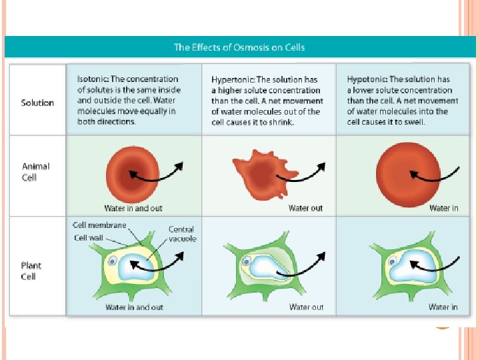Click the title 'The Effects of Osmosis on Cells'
coord(239,47)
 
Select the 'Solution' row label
coord(37,103)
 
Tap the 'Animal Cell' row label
coord(35,171)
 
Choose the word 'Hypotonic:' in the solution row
coord(367,79)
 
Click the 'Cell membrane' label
coord(99,225)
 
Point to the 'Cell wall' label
coord(89,237)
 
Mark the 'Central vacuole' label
coord(181,234)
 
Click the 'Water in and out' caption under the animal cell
coord(133,208)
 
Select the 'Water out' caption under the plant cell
coord(306,307)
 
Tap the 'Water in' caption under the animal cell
coord(443,208)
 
